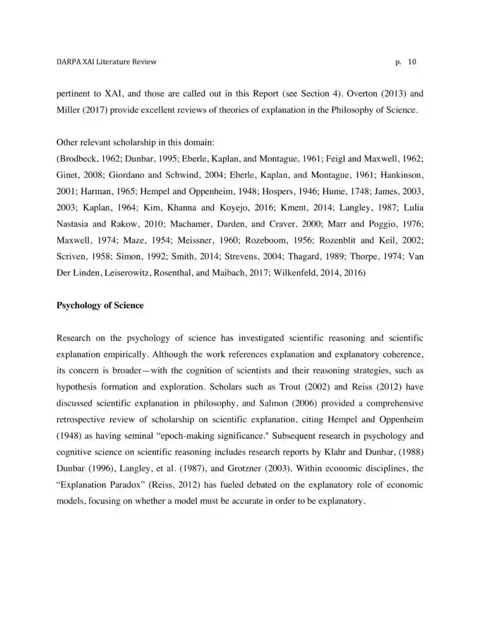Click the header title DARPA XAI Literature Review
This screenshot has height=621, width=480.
106,62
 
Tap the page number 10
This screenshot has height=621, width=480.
412,62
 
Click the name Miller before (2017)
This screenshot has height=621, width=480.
68,110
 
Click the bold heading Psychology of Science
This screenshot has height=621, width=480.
100,305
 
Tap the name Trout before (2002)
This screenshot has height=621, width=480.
290,387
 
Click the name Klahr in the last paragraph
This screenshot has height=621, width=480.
335,452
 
